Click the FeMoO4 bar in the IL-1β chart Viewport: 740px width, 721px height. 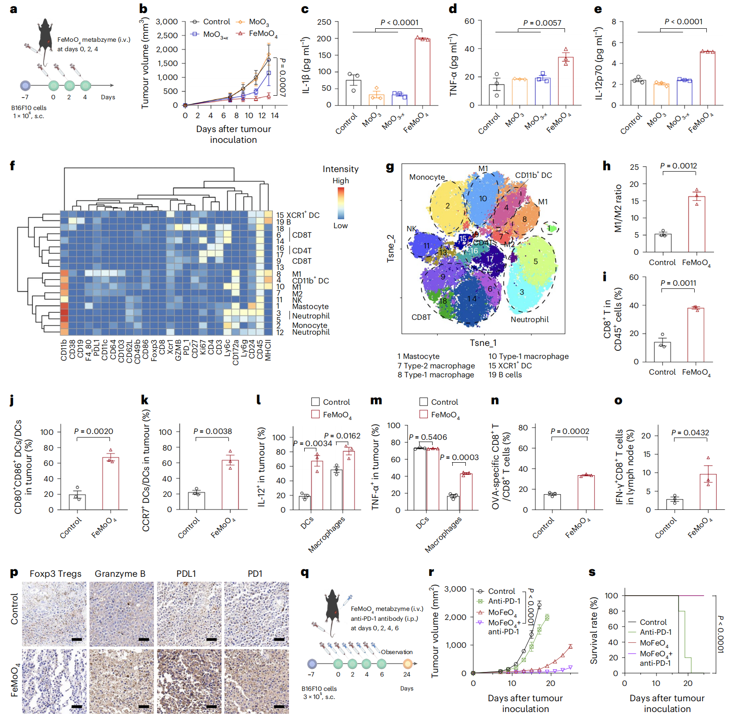pos(422,72)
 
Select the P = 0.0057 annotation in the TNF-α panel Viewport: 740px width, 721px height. pos(542,23)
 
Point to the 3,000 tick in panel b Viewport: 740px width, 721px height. pos(167,22)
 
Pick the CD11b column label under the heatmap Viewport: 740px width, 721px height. pos(64,350)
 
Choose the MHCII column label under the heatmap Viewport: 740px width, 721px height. pos(268,350)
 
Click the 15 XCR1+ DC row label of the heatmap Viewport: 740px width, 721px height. pos(298,215)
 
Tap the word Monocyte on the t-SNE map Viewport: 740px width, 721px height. pos(427,177)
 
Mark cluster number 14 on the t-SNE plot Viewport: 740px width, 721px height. pos(472,298)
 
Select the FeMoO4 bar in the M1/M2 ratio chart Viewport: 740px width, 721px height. pos(696,224)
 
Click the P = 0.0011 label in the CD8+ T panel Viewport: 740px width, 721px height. pos(678,283)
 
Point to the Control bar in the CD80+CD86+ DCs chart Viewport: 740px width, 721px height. pos(77,502)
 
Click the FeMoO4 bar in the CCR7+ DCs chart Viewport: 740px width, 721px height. pos(230,485)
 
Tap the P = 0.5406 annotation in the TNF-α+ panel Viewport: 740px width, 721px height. pos(428,437)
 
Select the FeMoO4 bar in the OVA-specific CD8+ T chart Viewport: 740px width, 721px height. pos(586,492)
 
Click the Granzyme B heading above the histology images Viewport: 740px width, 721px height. pos(120,574)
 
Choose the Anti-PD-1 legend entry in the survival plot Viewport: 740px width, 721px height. pos(655,632)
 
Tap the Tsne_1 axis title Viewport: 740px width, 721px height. pos(483,343)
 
